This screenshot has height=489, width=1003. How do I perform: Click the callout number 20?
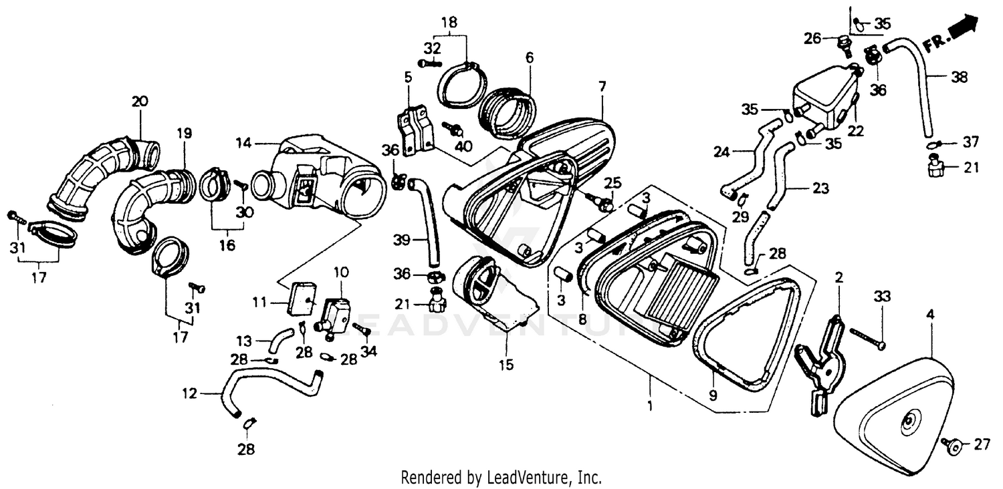[140, 102]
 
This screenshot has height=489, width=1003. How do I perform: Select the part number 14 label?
[244, 144]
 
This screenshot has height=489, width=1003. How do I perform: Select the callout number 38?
[960, 77]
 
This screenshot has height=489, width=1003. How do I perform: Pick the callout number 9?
[713, 395]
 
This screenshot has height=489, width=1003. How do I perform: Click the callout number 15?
[506, 365]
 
